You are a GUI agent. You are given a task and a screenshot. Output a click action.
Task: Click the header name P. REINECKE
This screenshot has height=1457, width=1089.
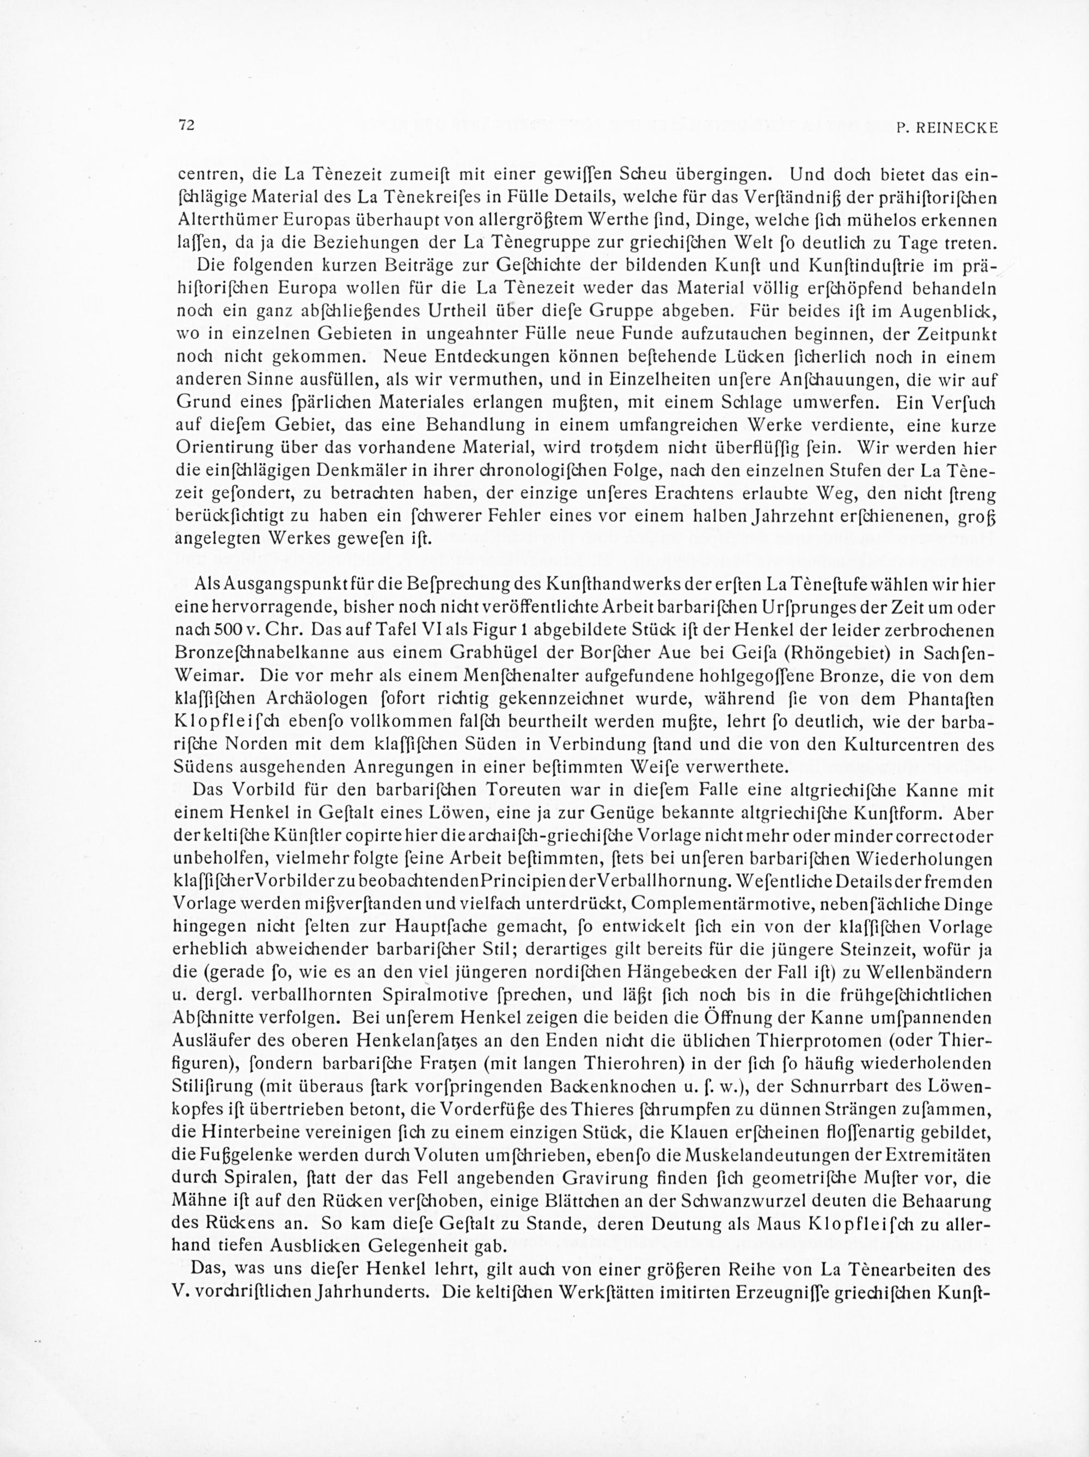click(x=947, y=129)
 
